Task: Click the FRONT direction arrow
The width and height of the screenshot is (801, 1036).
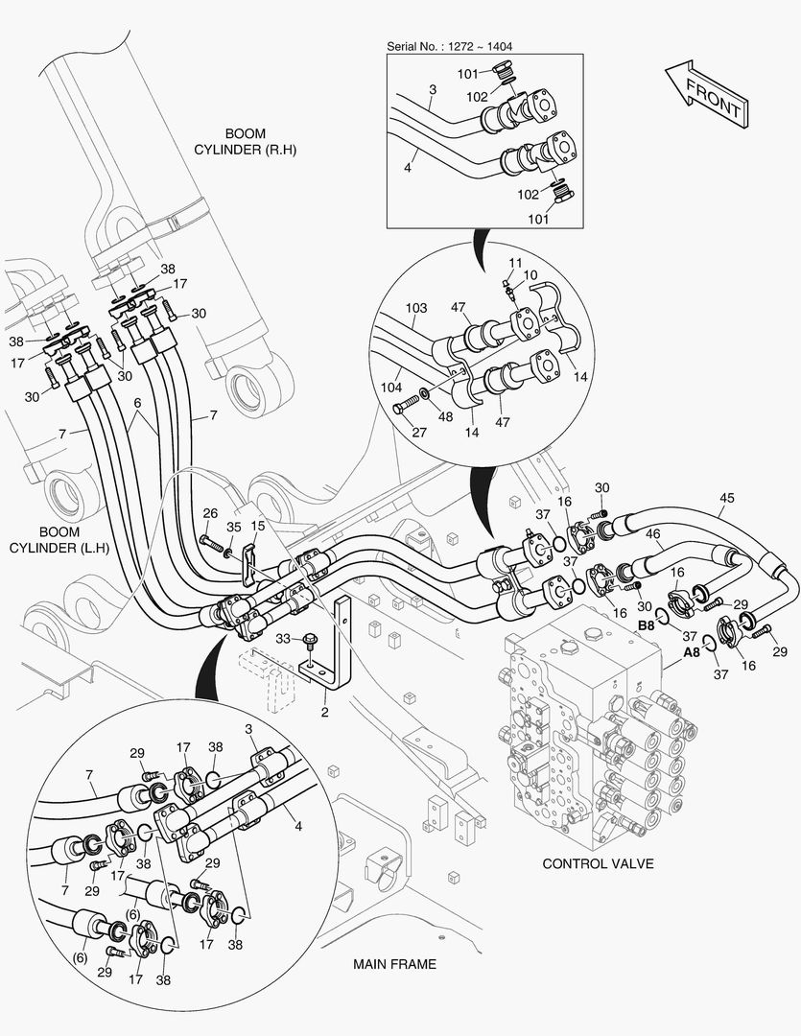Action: (x=705, y=93)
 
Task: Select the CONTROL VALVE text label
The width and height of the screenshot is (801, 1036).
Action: (x=598, y=863)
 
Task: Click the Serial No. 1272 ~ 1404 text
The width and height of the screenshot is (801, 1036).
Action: (x=449, y=46)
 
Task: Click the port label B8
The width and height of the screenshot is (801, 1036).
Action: (x=647, y=625)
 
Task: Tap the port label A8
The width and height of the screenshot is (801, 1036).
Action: (x=691, y=653)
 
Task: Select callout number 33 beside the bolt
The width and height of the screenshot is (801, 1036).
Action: (x=284, y=638)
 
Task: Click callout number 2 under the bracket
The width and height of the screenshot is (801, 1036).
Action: (x=325, y=712)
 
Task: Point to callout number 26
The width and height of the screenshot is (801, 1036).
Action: (x=210, y=514)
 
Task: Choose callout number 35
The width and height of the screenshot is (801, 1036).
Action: (x=233, y=527)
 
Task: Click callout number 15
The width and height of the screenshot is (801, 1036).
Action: (x=257, y=526)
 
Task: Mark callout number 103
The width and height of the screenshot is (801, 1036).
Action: (x=415, y=308)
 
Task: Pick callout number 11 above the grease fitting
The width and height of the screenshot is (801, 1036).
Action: (x=515, y=262)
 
